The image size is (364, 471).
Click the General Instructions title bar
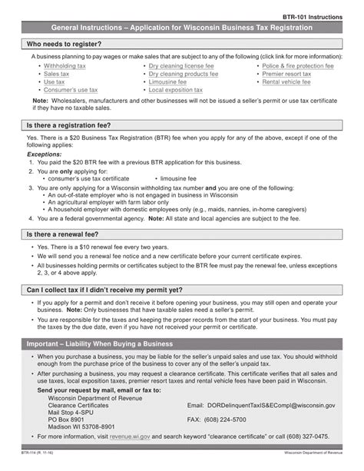click(181, 27)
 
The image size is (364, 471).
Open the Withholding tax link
click(65, 67)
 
